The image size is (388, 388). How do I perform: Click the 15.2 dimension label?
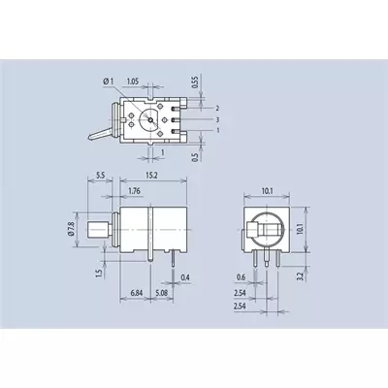(151, 176)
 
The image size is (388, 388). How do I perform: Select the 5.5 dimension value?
(100, 176)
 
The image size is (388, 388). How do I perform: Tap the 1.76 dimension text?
(134, 191)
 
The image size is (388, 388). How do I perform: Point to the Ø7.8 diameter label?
(71, 229)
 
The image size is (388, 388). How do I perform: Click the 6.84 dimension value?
(137, 293)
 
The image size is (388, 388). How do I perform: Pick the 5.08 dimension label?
(161, 293)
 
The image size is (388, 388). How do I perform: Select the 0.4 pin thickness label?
(185, 277)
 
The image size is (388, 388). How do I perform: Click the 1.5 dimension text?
(99, 274)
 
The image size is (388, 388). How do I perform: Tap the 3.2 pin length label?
(300, 276)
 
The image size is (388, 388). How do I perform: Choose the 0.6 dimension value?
(241, 277)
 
